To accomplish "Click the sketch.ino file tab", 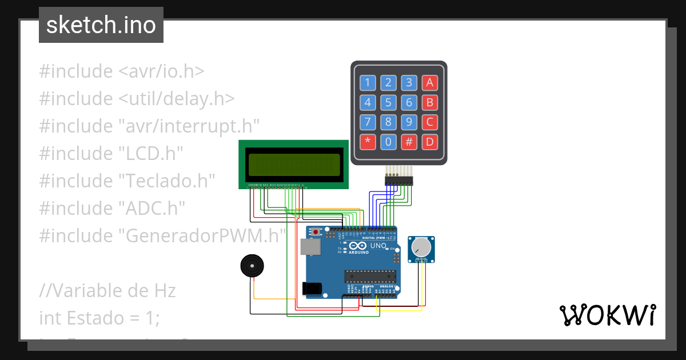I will [x=101, y=25].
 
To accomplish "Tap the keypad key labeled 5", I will [x=388, y=103].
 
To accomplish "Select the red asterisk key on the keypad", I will [x=368, y=142].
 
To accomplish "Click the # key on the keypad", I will [x=409, y=142].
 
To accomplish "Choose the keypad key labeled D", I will [x=429, y=142].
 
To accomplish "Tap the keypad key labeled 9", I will [x=409, y=122].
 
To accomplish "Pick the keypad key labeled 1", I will [x=368, y=83].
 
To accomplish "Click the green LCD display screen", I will [x=293, y=164].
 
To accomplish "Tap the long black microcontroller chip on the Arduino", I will [x=369, y=277].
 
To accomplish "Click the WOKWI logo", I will [x=607, y=315].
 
